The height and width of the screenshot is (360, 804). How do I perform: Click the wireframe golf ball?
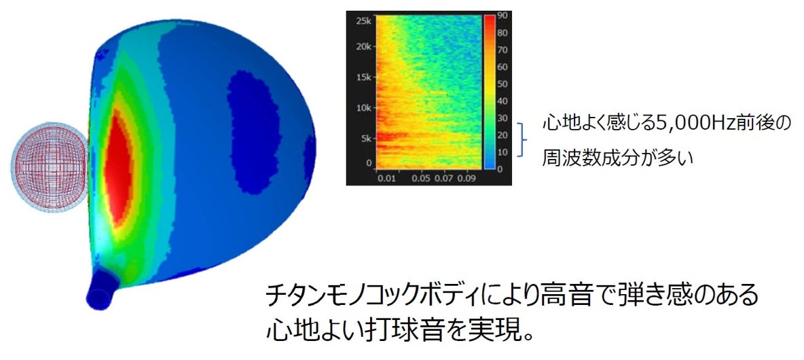[50, 167]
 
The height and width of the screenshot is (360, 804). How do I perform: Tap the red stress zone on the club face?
[118, 168]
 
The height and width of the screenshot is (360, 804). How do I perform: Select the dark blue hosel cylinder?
[103, 289]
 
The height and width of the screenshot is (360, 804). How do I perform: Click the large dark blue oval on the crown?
[254, 132]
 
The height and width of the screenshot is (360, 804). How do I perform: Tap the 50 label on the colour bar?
[502, 84]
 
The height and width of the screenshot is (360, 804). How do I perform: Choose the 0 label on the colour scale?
[500, 168]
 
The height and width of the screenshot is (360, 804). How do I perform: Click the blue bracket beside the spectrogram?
[522, 139]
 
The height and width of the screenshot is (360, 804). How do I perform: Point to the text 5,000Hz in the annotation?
[677, 125]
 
